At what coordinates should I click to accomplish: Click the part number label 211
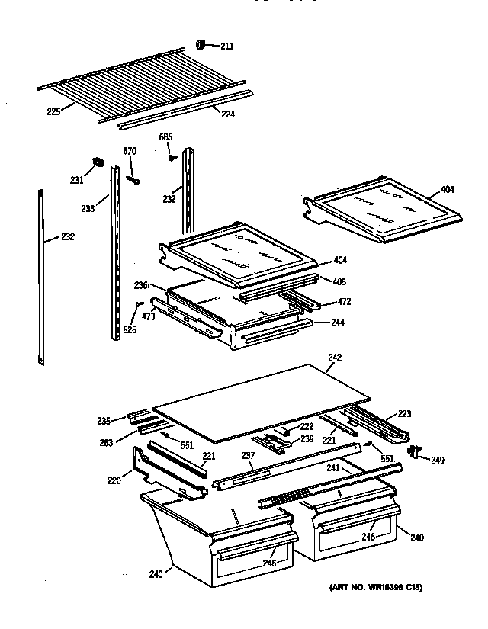click(x=227, y=47)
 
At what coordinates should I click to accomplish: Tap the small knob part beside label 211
click(x=202, y=45)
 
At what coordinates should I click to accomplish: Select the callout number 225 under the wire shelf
click(x=53, y=112)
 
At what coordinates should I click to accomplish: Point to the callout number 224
click(x=227, y=114)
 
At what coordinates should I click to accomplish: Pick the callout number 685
click(x=165, y=137)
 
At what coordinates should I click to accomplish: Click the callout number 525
click(x=131, y=330)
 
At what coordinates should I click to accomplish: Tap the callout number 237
click(x=247, y=457)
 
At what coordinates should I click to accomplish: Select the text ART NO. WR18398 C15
click(x=375, y=587)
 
